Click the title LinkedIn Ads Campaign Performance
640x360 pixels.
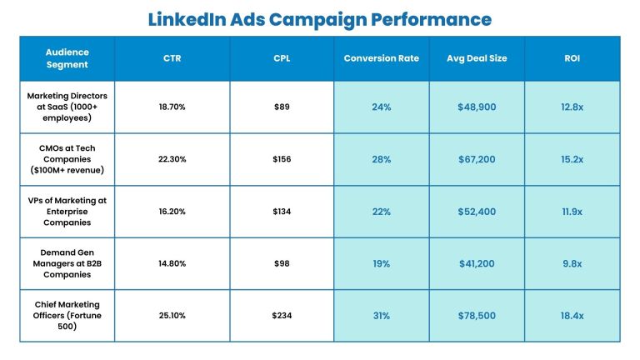tap(320, 18)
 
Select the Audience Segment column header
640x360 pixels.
tap(67, 58)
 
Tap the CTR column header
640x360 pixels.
tap(173, 58)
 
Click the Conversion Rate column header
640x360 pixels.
tap(382, 58)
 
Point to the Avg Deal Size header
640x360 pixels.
tap(477, 58)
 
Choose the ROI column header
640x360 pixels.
tap(572, 58)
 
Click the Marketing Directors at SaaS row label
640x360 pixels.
tap(67, 107)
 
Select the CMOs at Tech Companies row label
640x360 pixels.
tap(67, 159)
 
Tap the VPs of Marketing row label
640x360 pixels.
tap(67, 212)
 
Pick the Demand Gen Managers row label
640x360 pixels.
tap(67, 263)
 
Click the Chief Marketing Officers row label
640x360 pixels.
tap(67, 315)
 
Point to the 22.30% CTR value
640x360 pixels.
tap(173, 159)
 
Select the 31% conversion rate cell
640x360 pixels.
tap(382, 315)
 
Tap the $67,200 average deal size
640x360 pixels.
tap(477, 159)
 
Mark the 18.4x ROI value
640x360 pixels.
tap(572, 315)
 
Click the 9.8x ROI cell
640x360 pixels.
tap(572, 263)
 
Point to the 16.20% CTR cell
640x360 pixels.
tap(173, 212)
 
